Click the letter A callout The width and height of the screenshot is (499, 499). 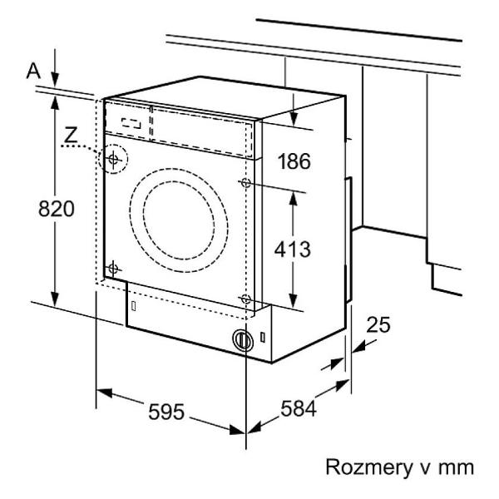(32, 72)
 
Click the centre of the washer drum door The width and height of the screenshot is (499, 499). (185, 219)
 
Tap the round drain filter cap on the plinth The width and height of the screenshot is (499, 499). (242, 340)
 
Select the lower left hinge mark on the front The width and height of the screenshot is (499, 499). (114, 268)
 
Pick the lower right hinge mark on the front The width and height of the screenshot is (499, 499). (245, 298)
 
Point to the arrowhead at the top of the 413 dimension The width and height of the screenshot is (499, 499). (294, 193)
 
